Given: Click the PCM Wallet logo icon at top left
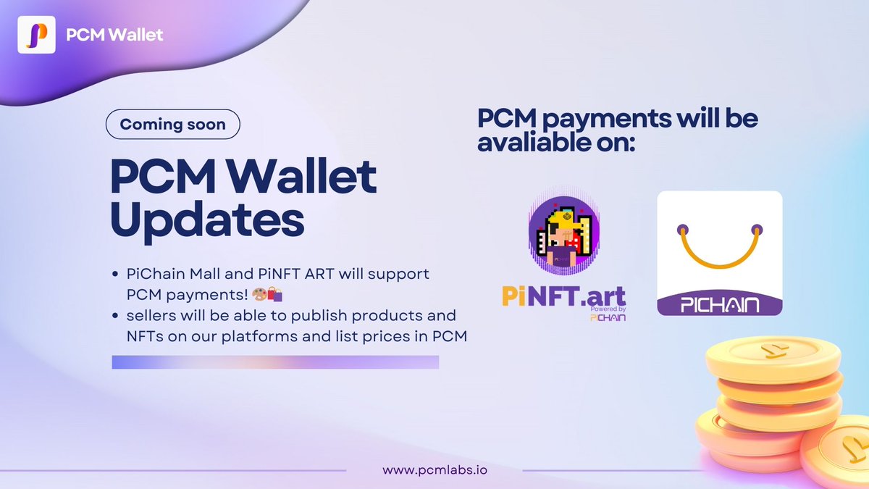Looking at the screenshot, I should tap(36, 34).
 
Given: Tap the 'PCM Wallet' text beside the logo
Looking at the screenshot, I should tap(114, 34).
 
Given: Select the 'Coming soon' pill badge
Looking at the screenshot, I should tap(172, 124).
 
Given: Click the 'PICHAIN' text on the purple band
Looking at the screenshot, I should tap(720, 302).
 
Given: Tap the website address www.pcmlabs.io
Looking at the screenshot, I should tap(434, 469).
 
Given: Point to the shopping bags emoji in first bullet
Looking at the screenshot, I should tap(274, 294).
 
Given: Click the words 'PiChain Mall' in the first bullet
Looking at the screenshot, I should tap(159, 275).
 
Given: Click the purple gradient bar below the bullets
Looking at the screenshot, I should tap(275, 362).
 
